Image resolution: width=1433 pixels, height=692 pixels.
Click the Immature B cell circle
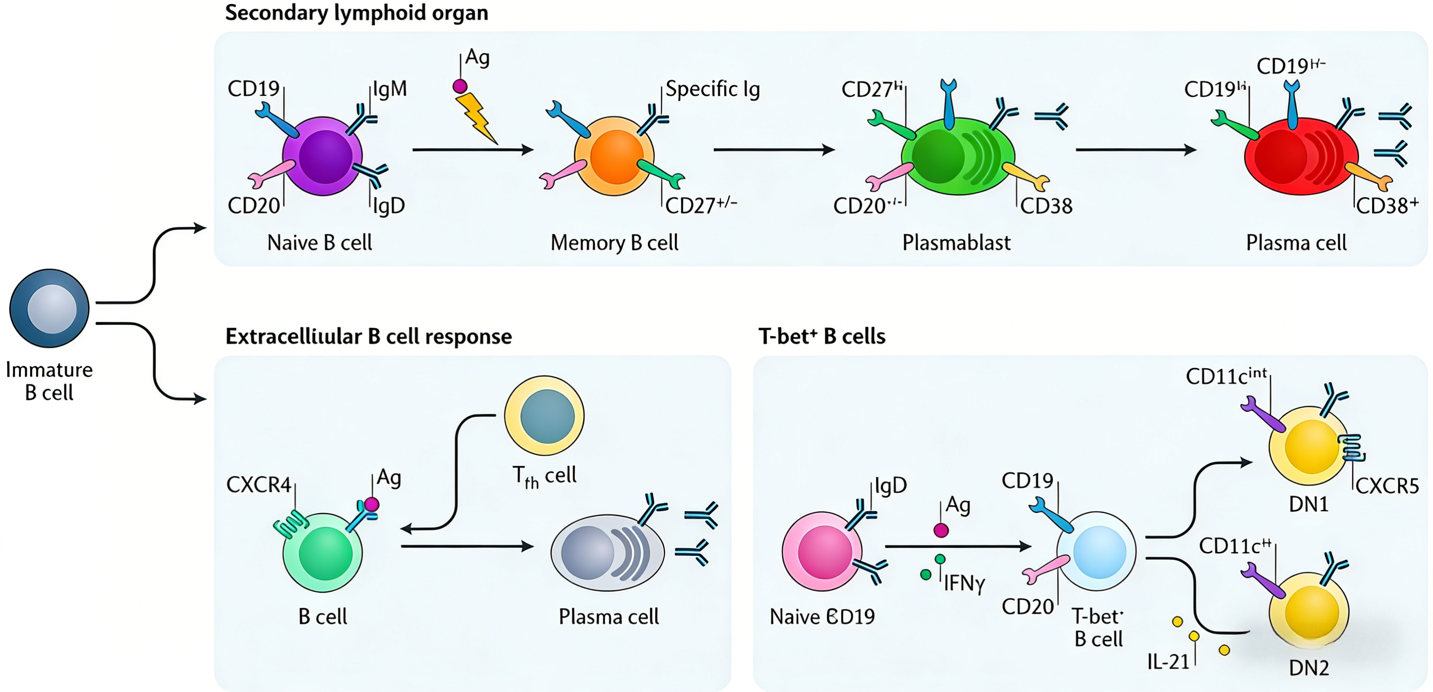click(x=50, y=308)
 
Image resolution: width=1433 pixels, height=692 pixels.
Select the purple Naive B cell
click(x=322, y=156)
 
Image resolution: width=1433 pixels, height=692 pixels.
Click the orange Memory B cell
click(x=614, y=156)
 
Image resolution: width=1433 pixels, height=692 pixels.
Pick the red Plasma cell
click(x=1301, y=156)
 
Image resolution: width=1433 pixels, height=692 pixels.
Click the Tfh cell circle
click(x=544, y=415)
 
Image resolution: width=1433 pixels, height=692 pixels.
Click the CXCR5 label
click(x=1387, y=486)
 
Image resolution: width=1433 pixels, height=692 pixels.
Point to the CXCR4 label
click(x=259, y=485)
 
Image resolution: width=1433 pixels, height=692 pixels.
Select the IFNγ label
click(x=964, y=583)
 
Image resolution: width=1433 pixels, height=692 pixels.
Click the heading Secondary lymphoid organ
click(x=357, y=12)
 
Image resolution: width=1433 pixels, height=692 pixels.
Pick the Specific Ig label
click(x=713, y=89)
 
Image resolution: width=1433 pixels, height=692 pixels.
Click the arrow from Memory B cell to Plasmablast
click(x=774, y=150)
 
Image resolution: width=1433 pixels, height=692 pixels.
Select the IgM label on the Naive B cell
click(x=390, y=89)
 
